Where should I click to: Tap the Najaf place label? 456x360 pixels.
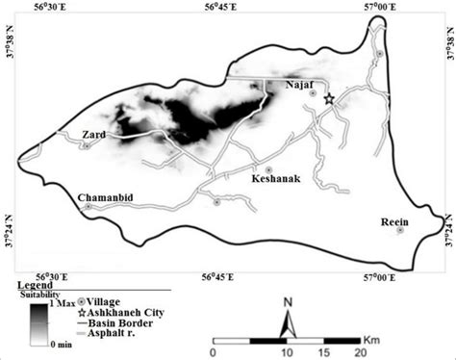301,87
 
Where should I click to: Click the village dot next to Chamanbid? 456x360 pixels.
89,207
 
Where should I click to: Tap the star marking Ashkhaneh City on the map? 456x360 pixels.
329,98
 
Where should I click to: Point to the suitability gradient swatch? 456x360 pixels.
36,322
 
